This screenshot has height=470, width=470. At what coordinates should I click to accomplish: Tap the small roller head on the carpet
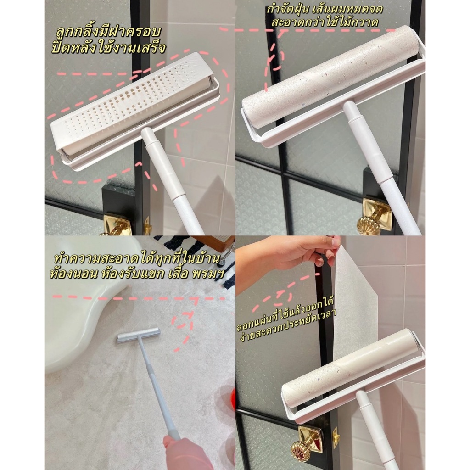tap(138, 335)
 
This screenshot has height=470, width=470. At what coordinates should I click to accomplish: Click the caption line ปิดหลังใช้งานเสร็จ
tap(108, 48)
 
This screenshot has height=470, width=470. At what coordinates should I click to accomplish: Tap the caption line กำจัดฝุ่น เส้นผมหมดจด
tap(325, 9)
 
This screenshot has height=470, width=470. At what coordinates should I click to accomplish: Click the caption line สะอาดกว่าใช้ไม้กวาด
tap(325, 22)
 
